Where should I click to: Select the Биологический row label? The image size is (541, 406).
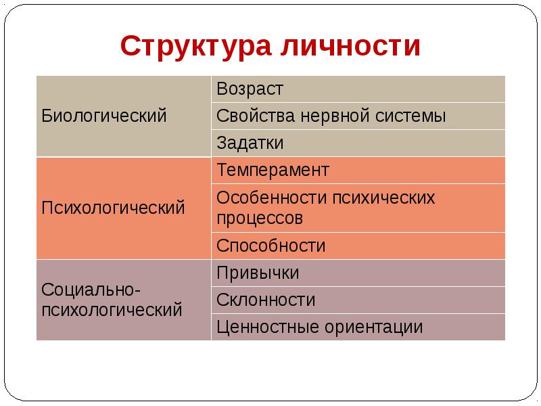pos(104,116)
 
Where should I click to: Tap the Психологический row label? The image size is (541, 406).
pos(113,207)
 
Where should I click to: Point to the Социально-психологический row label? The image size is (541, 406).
pos(112,300)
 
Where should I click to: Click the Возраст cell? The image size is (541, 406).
pos(250,89)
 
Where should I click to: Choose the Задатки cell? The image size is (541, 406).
pos(250,143)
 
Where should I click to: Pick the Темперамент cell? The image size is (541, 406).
pos(273,170)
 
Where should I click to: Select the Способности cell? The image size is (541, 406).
pos(270,246)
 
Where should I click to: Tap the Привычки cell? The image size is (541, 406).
pos(258,273)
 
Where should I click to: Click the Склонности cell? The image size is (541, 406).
pos(266,300)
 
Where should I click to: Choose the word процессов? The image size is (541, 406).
pos(260,219)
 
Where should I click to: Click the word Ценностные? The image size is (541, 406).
pos(266,328)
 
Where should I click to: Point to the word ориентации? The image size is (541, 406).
pos(374,328)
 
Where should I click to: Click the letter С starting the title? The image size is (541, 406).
pos(130,46)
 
